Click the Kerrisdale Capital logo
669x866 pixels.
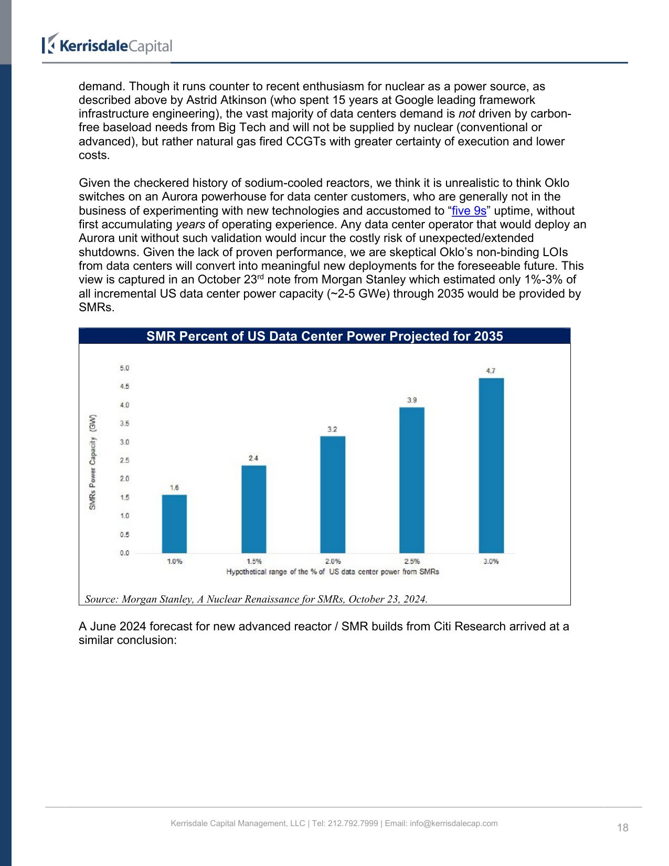107,46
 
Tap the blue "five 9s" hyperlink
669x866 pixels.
469,211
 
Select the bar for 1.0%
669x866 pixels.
174,523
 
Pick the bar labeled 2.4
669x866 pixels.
253,509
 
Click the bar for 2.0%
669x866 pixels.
333,494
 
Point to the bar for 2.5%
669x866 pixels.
412,480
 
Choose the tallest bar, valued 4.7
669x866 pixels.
491,465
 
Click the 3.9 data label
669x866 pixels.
412,400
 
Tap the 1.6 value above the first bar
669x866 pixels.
174,488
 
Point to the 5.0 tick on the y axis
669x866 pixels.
124,368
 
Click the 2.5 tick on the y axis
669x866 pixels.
124,460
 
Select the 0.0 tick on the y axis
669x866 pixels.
124,553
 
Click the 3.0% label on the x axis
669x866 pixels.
491,562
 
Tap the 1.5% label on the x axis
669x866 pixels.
254,562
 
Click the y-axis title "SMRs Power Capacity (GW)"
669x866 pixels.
93,462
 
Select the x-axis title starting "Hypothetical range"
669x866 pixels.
333,572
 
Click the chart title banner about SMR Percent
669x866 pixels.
324,336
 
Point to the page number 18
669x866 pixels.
622,828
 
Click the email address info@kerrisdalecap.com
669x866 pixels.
453,823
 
